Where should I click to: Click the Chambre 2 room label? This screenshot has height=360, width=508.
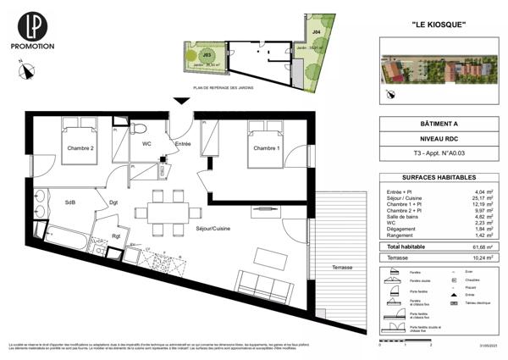pyautogui.click(x=80, y=149)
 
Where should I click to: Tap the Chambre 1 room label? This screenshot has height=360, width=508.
pyautogui.click(x=265, y=149)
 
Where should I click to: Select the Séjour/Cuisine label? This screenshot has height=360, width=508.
pyautogui.click(x=213, y=230)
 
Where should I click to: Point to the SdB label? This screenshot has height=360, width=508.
pyautogui.click(x=70, y=202)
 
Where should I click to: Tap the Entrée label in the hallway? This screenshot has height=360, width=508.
pyautogui.click(x=183, y=146)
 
